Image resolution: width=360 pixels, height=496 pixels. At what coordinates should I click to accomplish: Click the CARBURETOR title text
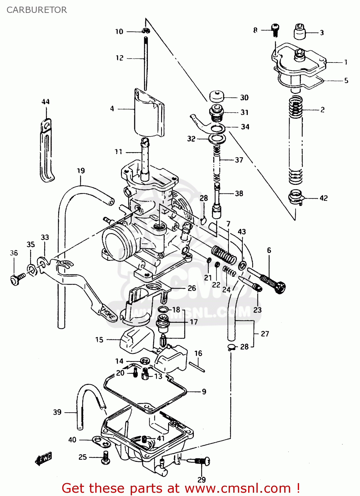(37, 10)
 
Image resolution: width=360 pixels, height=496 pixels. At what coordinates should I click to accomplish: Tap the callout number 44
(46, 102)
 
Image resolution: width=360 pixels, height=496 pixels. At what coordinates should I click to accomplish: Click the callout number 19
(81, 171)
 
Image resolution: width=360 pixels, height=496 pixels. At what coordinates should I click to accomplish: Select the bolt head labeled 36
(15, 280)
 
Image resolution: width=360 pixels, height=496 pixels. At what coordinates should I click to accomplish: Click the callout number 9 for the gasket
(204, 392)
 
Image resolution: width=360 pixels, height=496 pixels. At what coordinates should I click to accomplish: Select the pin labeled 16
(198, 367)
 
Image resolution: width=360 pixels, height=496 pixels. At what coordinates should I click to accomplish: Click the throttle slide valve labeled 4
(149, 114)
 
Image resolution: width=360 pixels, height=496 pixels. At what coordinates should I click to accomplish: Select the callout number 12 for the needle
(119, 58)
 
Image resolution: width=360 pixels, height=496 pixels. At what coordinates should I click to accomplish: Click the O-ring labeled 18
(162, 310)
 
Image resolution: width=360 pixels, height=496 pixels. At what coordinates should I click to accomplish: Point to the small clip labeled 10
(146, 31)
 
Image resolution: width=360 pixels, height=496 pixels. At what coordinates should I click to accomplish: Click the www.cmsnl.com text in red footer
(238, 488)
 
